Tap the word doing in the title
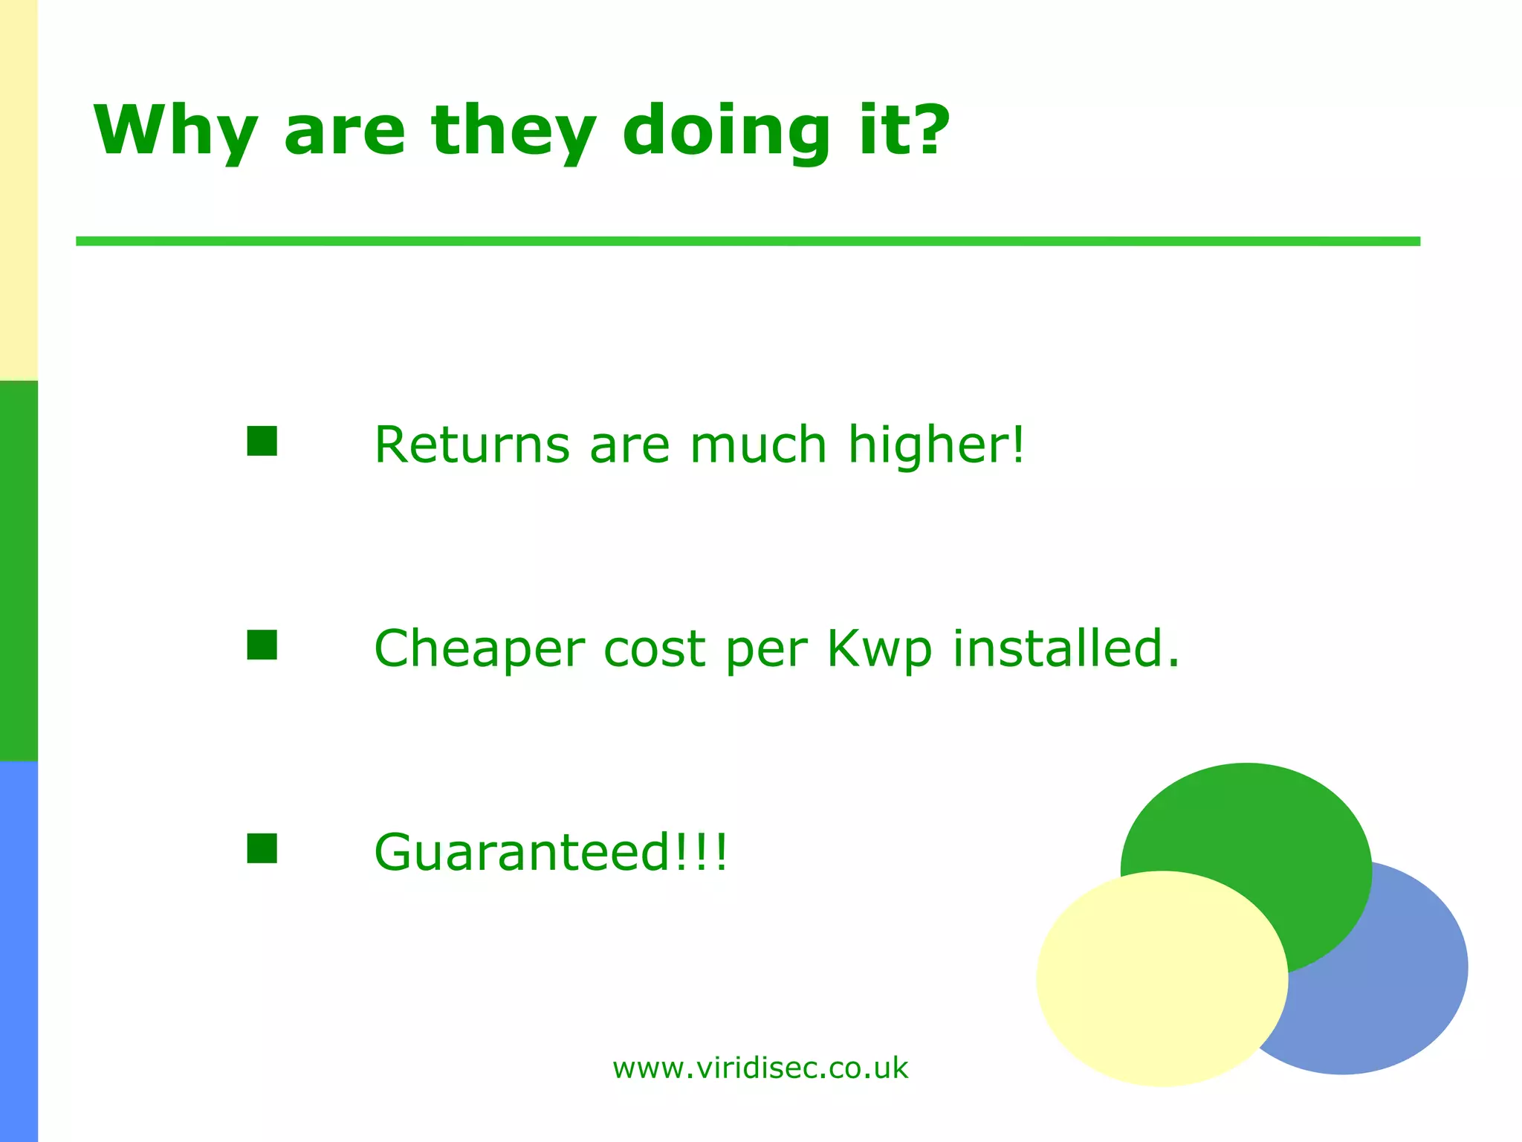pos(725,132)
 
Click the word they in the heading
pos(514,132)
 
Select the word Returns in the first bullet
pos(471,445)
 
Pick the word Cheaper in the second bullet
pos(479,649)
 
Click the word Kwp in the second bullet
pos(879,649)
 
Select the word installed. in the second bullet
pos(1066,648)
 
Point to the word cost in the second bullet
pos(654,649)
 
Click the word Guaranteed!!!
pos(551,852)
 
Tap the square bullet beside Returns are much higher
pos(262,441)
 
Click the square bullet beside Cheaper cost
pos(262,645)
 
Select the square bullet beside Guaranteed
pos(262,848)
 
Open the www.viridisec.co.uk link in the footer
pos(760,1068)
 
